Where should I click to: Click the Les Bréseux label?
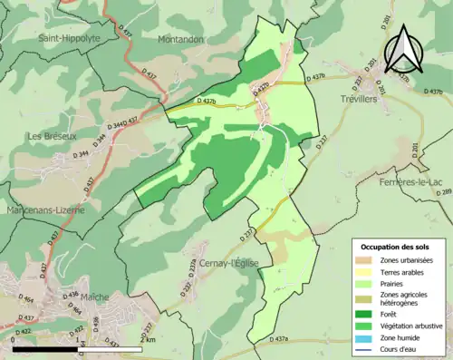pyautogui.click(x=52, y=136)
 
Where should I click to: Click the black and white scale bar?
pyautogui.click(x=77, y=347)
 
